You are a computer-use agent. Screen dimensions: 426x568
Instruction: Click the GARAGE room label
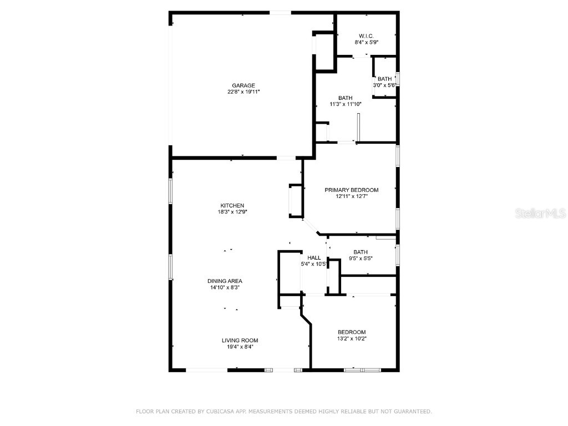(x=244, y=85)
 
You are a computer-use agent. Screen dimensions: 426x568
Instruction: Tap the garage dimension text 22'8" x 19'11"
(x=244, y=92)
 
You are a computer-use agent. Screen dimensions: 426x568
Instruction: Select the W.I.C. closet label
(x=366, y=35)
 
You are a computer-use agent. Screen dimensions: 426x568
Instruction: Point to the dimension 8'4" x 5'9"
(x=366, y=42)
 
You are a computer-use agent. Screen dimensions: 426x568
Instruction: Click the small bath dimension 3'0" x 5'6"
(x=384, y=85)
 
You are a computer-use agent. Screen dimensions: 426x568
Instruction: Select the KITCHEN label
(x=232, y=206)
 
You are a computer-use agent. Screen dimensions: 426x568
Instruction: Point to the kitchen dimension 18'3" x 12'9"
(x=232, y=212)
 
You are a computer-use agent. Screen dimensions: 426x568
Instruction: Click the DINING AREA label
(x=225, y=281)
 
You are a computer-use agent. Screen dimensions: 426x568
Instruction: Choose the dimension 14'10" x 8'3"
(x=225, y=287)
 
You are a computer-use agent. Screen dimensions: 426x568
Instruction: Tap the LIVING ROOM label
(x=240, y=341)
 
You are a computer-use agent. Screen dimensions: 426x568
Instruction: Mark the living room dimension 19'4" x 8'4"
(x=240, y=347)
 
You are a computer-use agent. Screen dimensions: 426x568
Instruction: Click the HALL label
(x=315, y=257)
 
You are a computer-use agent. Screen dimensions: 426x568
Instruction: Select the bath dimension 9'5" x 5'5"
(x=361, y=258)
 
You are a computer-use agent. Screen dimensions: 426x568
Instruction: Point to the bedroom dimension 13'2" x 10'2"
(x=351, y=338)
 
